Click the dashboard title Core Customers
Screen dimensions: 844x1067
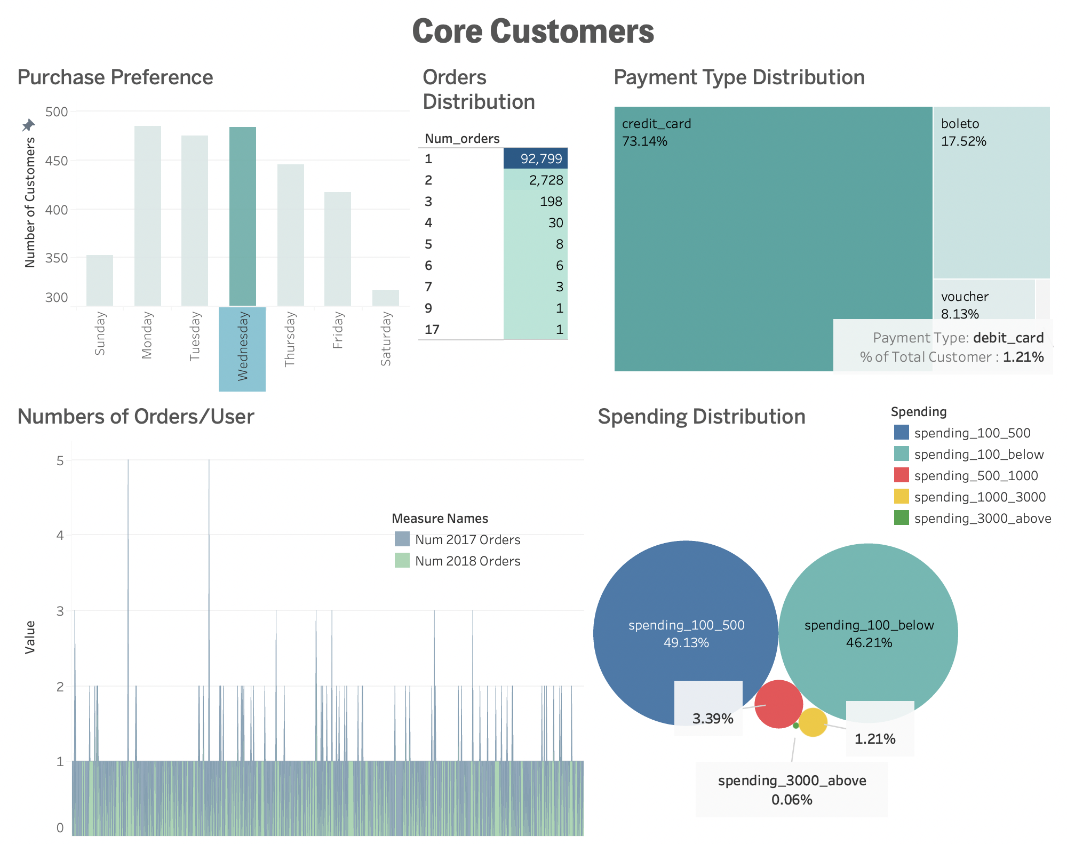click(x=533, y=31)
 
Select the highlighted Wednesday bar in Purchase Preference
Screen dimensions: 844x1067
click(x=243, y=216)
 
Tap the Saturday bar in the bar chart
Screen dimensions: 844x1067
click(x=386, y=298)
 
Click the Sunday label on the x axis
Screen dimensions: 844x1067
click(x=100, y=333)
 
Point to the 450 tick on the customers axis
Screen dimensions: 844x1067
click(x=57, y=161)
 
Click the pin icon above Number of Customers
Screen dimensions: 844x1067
click(x=28, y=125)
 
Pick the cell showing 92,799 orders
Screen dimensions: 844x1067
click(x=536, y=158)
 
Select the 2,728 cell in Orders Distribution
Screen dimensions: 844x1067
click(x=536, y=180)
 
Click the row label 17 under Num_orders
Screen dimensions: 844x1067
click(x=432, y=329)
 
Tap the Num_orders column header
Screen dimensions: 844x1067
click(x=462, y=139)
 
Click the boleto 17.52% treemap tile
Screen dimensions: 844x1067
click(x=991, y=192)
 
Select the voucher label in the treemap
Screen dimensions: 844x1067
click(x=965, y=297)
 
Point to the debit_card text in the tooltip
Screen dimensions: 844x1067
click(x=1008, y=338)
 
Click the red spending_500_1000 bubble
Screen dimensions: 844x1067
click(x=779, y=704)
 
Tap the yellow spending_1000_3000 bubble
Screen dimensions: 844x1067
click(x=813, y=722)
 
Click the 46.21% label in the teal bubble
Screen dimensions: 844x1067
click(x=869, y=642)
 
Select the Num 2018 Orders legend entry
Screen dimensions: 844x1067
click(x=467, y=561)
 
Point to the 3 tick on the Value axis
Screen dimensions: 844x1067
click(x=60, y=611)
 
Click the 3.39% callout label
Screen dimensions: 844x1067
click(x=712, y=719)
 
